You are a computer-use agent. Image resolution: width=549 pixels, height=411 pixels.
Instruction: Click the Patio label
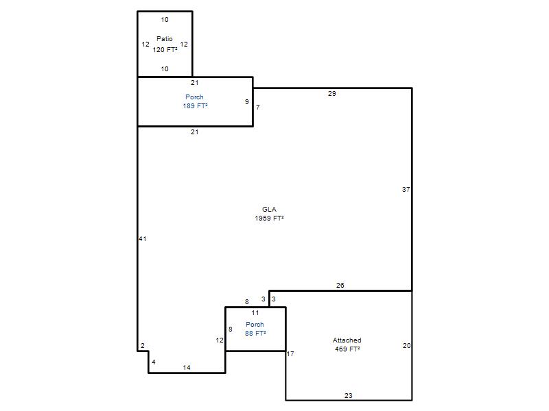(165, 39)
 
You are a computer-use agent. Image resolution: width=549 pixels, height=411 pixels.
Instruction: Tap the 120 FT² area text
(165, 49)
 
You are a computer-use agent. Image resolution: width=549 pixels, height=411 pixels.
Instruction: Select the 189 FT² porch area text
(195, 106)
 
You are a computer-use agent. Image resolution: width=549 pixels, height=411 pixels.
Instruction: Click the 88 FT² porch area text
(255, 334)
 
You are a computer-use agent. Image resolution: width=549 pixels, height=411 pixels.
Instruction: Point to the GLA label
(269, 210)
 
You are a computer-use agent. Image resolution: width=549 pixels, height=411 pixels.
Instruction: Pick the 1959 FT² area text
(269, 218)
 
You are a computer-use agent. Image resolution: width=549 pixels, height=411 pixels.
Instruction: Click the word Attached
(347, 340)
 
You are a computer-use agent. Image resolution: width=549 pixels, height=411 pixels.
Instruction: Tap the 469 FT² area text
(347, 349)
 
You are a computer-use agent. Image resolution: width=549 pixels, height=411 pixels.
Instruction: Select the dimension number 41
(143, 239)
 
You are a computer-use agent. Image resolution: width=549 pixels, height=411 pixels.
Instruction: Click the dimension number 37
(406, 190)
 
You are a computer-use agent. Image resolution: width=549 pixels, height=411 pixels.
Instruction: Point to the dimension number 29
(332, 94)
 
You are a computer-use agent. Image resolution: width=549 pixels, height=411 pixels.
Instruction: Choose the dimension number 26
(340, 286)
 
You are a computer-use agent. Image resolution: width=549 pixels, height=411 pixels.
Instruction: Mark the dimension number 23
(349, 396)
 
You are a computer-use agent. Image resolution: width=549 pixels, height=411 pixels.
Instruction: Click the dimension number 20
(406, 346)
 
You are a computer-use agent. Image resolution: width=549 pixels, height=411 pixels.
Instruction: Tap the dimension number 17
(290, 354)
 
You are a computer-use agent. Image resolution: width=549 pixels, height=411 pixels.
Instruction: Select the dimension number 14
(187, 368)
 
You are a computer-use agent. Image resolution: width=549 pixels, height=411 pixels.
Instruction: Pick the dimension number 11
(255, 313)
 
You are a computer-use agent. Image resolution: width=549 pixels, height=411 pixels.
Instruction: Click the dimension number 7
(258, 108)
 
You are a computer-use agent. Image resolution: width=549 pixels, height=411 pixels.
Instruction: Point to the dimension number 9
(247, 101)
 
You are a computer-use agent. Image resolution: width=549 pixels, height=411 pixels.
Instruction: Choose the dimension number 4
(154, 362)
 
